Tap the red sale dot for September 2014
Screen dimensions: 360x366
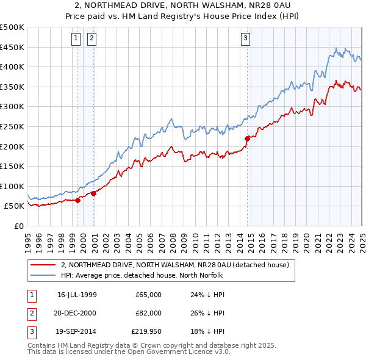[x=247, y=139]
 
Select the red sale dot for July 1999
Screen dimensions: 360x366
[x=78, y=200]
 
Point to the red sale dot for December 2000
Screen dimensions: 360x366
[x=94, y=193]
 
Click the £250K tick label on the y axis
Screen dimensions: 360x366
[x=12, y=126]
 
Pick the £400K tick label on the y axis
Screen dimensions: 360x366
[x=12, y=67]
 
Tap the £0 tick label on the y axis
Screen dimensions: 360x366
[x=18, y=226]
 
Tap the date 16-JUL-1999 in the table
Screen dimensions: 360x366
[x=77, y=295]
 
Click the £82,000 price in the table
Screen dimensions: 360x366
[x=148, y=314]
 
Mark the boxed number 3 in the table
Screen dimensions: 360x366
[x=31, y=333]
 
